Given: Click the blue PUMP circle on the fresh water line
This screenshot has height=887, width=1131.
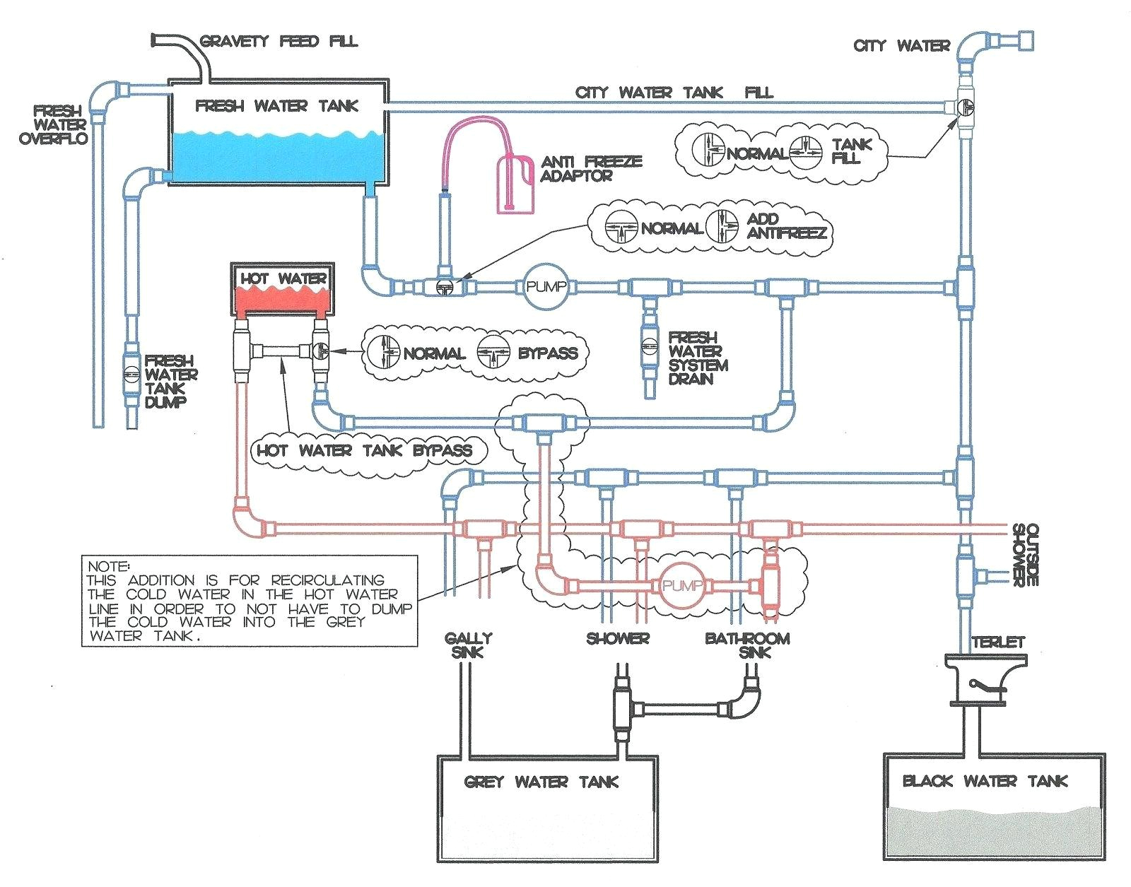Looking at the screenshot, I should [546, 286].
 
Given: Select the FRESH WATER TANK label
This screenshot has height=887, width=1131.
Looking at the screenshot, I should [276, 106].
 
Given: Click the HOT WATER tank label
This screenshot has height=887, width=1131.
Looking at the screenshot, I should [283, 278].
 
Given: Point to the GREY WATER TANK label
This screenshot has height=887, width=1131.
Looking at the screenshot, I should [541, 782].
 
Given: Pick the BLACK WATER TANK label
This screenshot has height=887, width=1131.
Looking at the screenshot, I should [985, 781].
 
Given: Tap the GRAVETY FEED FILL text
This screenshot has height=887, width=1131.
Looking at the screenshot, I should [279, 41].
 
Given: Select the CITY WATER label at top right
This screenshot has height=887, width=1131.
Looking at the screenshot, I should [901, 46].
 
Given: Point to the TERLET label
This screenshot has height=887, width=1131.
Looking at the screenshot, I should [997, 642].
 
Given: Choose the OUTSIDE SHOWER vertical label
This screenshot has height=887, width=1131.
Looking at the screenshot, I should [1025, 555].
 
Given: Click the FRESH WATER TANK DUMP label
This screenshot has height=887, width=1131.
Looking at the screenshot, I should [170, 382].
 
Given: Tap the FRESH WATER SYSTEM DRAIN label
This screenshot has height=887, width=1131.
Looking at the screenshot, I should [697, 358].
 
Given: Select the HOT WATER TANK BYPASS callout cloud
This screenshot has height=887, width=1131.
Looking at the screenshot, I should [363, 450].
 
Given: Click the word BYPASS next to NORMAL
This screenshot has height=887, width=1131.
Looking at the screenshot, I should [547, 353].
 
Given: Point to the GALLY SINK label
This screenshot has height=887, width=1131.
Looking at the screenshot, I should [468, 645].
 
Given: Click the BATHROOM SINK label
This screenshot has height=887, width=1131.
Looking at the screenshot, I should [747, 645].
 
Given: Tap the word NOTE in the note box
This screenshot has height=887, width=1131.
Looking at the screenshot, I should [108, 566].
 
